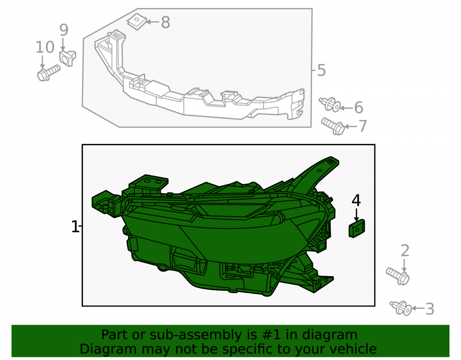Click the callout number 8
coord(165,22)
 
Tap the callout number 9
coord(64,30)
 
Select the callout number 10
coord(45,47)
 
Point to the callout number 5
coord(321,71)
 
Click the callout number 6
coord(358,107)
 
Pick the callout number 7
coord(362,126)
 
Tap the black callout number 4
coord(356,201)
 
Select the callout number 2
coord(405,251)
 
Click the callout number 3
coord(430,309)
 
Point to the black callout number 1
coord(75,227)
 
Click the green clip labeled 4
coord(357,228)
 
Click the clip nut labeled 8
coord(137,22)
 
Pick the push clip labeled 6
coord(330,105)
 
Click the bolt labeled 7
coord(333,126)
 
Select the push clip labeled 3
coord(401,308)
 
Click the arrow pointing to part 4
coord(356,214)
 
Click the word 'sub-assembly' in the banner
coord(194,335)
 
